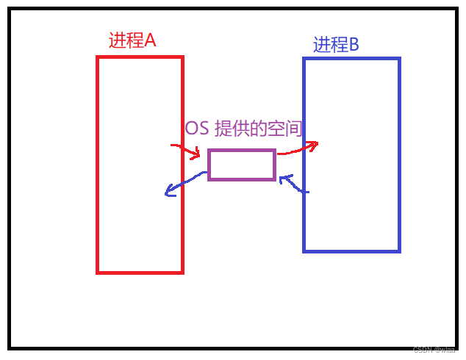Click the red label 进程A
[132, 40]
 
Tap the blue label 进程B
[336, 45]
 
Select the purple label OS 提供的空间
[243, 129]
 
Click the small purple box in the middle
[242, 165]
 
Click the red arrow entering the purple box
[186, 150]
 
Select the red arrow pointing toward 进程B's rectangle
[298, 148]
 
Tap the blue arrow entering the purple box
[294, 184]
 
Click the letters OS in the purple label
[197, 129]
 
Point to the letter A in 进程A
[149, 40]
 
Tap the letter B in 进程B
[354, 45]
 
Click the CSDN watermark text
[434, 350]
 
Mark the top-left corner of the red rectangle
[98, 57]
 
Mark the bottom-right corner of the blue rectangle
[399, 251]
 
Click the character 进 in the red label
[117, 40]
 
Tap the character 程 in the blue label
[339, 45]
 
